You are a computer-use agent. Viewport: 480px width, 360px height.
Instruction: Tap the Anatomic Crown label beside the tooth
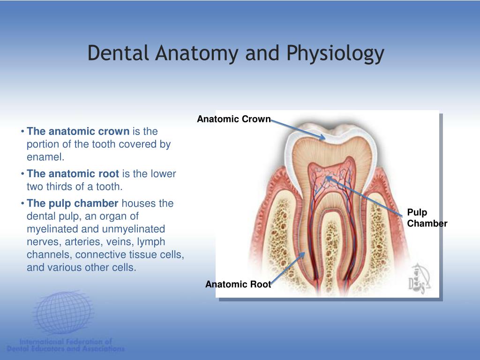pyautogui.click(x=233, y=119)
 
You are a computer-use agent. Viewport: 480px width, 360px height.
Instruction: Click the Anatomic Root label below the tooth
pyautogui.click(x=238, y=284)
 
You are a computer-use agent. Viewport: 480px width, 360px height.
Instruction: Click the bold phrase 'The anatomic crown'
pyautogui.click(x=78, y=131)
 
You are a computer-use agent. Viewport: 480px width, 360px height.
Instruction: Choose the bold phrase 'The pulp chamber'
pyautogui.click(x=73, y=203)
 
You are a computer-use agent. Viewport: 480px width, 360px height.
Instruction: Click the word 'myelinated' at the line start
pyautogui.click(x=52, y=229)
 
